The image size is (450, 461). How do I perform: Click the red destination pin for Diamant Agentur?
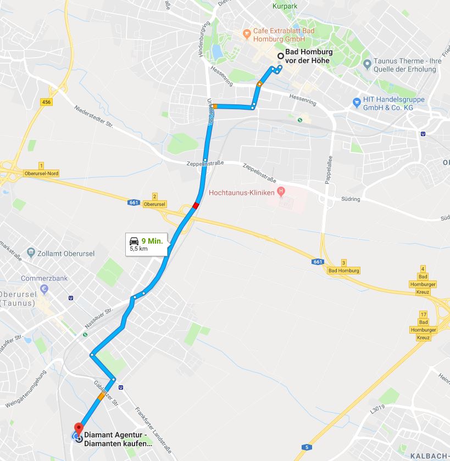click(x=78, y=429)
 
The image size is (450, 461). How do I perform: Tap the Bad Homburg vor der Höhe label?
click(x=309, y=56)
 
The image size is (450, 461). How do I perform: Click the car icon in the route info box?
click(x=134, y=240)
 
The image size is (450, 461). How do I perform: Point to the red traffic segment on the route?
click(x=196, y=206)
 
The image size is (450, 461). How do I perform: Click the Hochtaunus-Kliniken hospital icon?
click(x=281, y=192)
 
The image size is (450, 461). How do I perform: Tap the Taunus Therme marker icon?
click(x=367, y=65)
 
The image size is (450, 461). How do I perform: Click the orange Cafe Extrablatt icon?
click(x=247, y=35)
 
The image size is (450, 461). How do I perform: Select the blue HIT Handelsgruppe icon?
click(x=356, y=102)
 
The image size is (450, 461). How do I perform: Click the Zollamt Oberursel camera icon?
click(x=32, y=254)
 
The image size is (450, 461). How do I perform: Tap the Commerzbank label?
click(x=44, y=278)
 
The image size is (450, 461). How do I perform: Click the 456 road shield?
click(x=47, y=102)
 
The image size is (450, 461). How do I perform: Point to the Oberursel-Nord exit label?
click(x=41, y=173)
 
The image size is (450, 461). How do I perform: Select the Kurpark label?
click(x=285, y=7)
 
